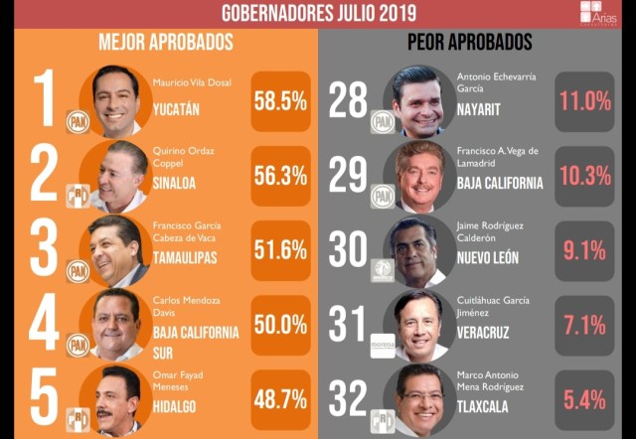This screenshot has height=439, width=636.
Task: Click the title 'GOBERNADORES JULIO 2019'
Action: point(318,13)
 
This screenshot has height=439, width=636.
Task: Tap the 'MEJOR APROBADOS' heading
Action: point(166,43)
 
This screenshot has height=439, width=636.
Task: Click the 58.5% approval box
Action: point(280,102)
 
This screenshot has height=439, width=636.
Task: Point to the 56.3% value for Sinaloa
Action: point(280,175)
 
